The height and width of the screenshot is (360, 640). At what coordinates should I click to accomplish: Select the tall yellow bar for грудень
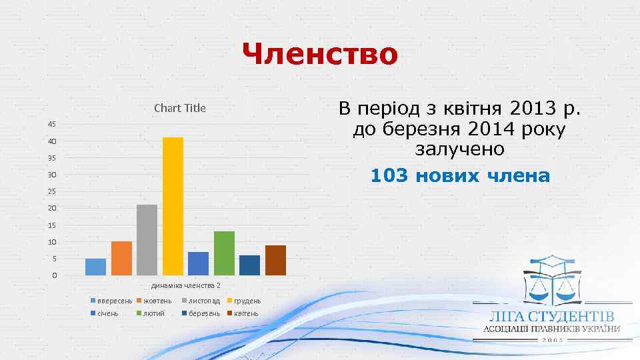173,206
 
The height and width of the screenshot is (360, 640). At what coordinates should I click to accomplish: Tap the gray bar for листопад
147,239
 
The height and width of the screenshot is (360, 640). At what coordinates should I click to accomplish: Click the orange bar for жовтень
121,258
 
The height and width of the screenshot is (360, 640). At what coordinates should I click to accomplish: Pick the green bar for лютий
224,253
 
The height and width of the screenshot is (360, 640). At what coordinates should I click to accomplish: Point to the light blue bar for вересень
95,267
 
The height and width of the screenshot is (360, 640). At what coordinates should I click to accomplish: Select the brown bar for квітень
275,260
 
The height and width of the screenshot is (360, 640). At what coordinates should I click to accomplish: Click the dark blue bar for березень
249,265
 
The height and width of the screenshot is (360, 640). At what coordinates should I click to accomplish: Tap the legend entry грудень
247,301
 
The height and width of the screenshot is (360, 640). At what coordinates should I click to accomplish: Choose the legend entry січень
108,313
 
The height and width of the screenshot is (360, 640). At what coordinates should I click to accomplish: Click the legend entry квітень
246,313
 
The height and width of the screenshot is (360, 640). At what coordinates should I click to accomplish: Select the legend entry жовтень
157,301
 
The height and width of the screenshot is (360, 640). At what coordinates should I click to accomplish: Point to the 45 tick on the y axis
52,125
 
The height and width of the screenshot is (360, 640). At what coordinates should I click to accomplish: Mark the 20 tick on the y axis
52,208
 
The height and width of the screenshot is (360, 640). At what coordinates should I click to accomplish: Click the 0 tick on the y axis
54,275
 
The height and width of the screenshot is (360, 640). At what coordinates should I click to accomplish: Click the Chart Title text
180,108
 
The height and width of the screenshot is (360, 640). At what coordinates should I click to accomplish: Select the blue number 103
389,176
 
